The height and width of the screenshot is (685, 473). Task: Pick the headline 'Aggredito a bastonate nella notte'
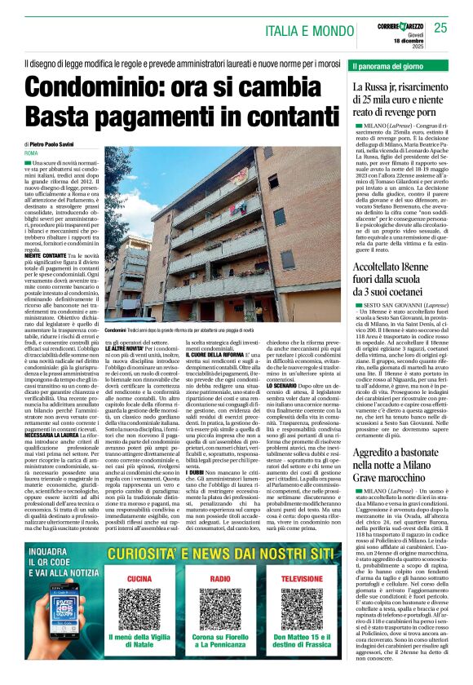[x=401, y=474]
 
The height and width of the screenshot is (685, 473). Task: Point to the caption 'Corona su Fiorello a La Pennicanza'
[x=232, y=662]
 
